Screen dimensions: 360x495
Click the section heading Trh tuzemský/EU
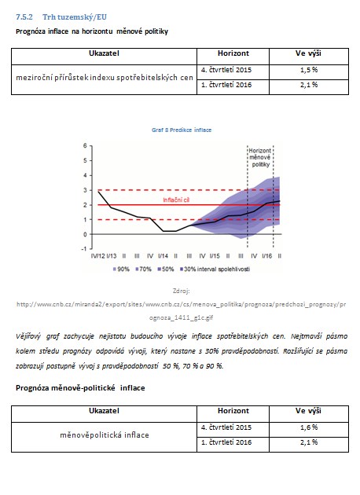tap(75, 17)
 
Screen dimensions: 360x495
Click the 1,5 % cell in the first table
tap(309, 70)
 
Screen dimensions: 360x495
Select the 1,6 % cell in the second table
tap(309, 427)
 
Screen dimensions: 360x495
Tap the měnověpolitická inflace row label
tap(105, 435)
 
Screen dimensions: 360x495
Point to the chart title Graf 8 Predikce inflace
tap(182, 130)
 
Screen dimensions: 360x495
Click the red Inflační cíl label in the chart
tap(176, 200)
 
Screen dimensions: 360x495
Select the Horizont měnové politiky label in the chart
tap(260, 157)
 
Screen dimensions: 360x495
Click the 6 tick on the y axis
tap(85, 146)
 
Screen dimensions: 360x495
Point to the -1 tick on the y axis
tap(83, 249)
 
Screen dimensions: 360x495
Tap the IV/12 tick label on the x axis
tap(97, 256)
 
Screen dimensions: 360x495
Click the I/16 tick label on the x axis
tap(266, 256)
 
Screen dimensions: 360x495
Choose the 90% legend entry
tap(121, 269)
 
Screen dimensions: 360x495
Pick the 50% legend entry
tap(166, 269)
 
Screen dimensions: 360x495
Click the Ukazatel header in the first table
tap(104, 53)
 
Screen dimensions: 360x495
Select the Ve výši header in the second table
tap(309, 411)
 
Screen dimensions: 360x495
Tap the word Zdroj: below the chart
tap(182, 291)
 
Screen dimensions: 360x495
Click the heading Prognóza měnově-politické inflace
tap(80, 388)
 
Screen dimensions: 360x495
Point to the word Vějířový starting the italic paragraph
tap(28, 336)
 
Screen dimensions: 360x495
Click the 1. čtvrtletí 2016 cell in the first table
tap(226, 85)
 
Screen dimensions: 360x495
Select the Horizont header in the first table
tap(233, 53)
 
